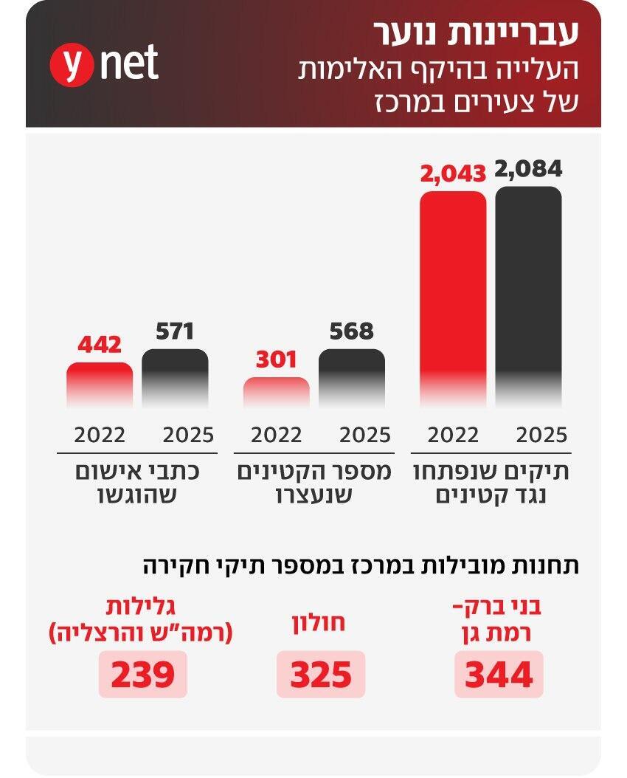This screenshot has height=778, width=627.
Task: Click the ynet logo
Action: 104,64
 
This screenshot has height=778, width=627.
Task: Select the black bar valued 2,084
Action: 528,295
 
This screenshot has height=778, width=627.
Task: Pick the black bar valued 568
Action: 352,377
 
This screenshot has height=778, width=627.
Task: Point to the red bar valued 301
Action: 277,392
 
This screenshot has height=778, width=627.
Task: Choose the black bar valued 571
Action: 175,377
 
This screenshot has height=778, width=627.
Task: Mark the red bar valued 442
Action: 100,385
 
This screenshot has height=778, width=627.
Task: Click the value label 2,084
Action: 528,169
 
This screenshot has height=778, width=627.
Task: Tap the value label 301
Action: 277,360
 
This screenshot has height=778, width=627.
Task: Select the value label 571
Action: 175,331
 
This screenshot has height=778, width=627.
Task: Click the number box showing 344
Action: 499,674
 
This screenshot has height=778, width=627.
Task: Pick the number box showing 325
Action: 321,674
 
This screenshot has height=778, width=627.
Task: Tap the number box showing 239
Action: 143,674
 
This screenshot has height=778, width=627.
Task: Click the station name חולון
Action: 321,622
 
